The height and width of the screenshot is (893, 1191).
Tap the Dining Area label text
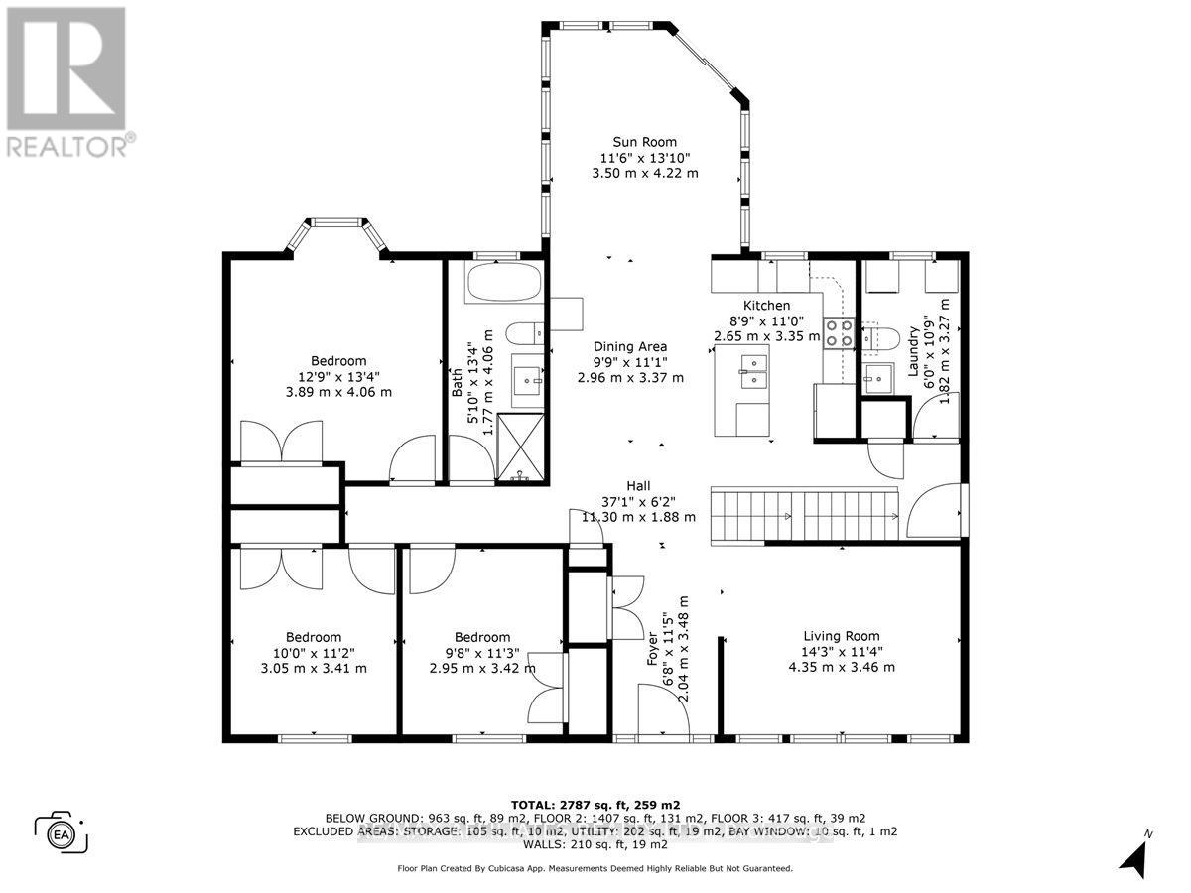[630, 346]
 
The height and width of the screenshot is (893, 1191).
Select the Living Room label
[841, 636]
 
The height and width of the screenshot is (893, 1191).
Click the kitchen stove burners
[839, 331]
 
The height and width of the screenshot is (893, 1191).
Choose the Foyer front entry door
[663, 711]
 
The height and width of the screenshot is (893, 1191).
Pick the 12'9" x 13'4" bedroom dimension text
[338, 376]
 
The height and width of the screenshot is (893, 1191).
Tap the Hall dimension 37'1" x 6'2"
[638, 501]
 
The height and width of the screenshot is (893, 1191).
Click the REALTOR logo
[66, 79]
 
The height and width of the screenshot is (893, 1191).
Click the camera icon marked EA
[62, 831]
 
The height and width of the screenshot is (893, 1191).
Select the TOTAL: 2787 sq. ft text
[595, 804]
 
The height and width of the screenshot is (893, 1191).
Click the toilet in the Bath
[523, 332]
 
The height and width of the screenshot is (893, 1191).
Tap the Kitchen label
[767, 306]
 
